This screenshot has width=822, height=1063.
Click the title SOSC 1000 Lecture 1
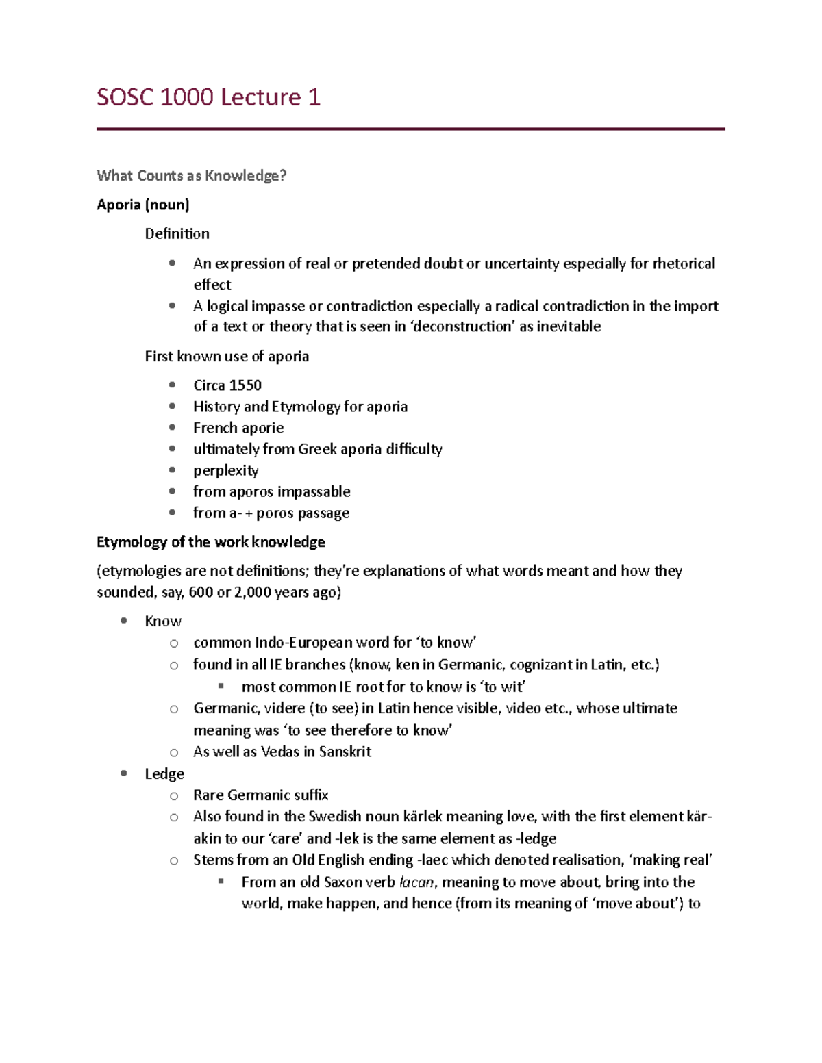click(x=208, y=97)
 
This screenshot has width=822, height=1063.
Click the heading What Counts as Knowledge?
click(x=191, y=176)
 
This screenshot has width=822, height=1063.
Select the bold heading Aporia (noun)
click(x=143, y=205)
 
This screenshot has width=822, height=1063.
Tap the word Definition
click(x=177, y=234)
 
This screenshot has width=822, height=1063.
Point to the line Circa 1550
click(x=227, y=385)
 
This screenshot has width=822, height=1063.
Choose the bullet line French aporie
click(x=238, y=428)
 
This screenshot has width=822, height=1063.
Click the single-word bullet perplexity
click(x=225, y=470)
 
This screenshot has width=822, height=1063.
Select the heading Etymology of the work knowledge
click(x=210, y=542)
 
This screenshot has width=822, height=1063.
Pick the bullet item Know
click(x=163, y=622)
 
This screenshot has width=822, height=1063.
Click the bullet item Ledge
click(x=164, y=774)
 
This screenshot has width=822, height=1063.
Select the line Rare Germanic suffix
click(x=260, y=795)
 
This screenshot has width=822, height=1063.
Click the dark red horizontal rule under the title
click(x=410, y=129)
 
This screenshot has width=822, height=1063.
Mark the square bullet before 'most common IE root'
click(x=221, y=686)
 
